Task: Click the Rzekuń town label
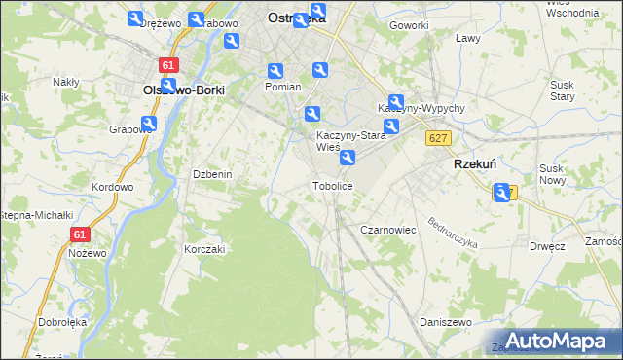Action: [x=476, y=165]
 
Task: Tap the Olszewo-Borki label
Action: [x=184, y=90]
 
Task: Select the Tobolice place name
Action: [x=332, y=185]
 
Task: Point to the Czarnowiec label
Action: [x=388, y=230]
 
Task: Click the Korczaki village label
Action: [x=204, y=249]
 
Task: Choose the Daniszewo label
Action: [x=445, y=321]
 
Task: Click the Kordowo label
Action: [x=111, y=187]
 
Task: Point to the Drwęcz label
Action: [x=549, y=246]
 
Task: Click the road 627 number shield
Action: [x=437, y=138]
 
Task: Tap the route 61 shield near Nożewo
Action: [x=81, y=234]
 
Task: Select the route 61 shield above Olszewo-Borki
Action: [x=170, y=65]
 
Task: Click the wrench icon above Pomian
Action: [x=275, y=71]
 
